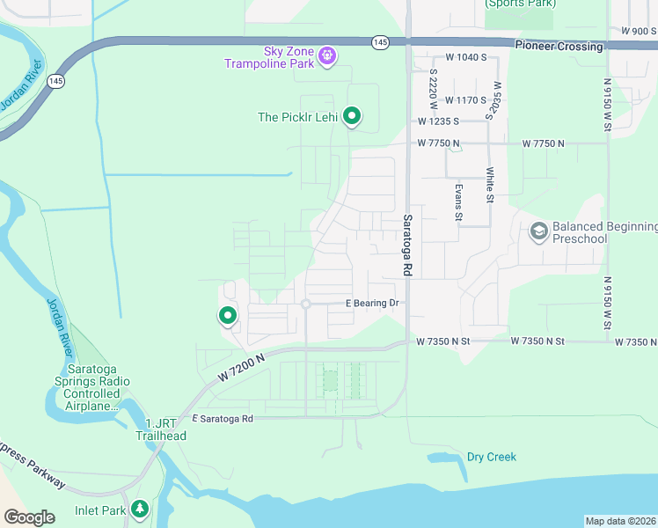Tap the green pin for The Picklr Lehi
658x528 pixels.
352,116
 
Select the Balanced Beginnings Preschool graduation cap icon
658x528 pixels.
538,232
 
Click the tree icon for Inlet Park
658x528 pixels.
139,510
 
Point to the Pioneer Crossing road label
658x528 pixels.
559,46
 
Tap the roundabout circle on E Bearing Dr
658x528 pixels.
305,304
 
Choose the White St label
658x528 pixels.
490,185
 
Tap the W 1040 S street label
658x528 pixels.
465,57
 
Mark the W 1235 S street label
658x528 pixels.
440,121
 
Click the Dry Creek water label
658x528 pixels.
491,457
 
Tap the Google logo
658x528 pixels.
29,517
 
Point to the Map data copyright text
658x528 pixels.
620,521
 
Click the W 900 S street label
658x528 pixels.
639,31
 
